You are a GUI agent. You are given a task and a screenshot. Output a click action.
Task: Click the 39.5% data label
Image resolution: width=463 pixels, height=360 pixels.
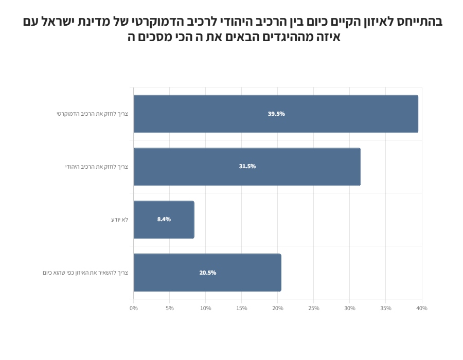[276, 114]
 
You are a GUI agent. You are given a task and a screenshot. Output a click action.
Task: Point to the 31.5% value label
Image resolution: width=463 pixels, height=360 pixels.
[247, 167]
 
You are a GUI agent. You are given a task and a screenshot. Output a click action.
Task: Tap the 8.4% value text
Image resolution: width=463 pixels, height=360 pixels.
[164, 220]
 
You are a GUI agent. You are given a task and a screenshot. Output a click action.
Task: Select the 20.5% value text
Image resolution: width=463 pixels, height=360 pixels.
[208, 273]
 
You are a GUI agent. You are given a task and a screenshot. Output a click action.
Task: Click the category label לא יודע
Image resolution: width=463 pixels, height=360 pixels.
[119, 220]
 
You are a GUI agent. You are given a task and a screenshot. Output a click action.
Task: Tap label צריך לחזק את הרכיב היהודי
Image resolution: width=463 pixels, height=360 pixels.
[96, 167]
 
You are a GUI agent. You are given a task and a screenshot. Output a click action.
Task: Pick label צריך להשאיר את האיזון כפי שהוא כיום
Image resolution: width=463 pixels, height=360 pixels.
[85, 273]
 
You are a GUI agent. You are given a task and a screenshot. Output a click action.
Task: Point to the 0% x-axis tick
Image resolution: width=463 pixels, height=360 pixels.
[134, 308]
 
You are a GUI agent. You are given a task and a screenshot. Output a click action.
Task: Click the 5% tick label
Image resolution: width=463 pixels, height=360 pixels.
[170, 308]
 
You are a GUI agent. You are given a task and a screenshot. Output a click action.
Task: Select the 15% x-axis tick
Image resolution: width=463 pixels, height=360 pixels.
[242, 308]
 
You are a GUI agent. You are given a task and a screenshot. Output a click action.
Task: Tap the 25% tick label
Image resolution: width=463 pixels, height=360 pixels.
[314, 308]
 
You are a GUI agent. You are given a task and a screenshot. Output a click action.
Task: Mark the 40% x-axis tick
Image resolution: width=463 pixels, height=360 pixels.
[422, 308]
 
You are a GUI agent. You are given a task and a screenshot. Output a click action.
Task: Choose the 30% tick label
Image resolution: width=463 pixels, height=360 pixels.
[350, 308]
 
